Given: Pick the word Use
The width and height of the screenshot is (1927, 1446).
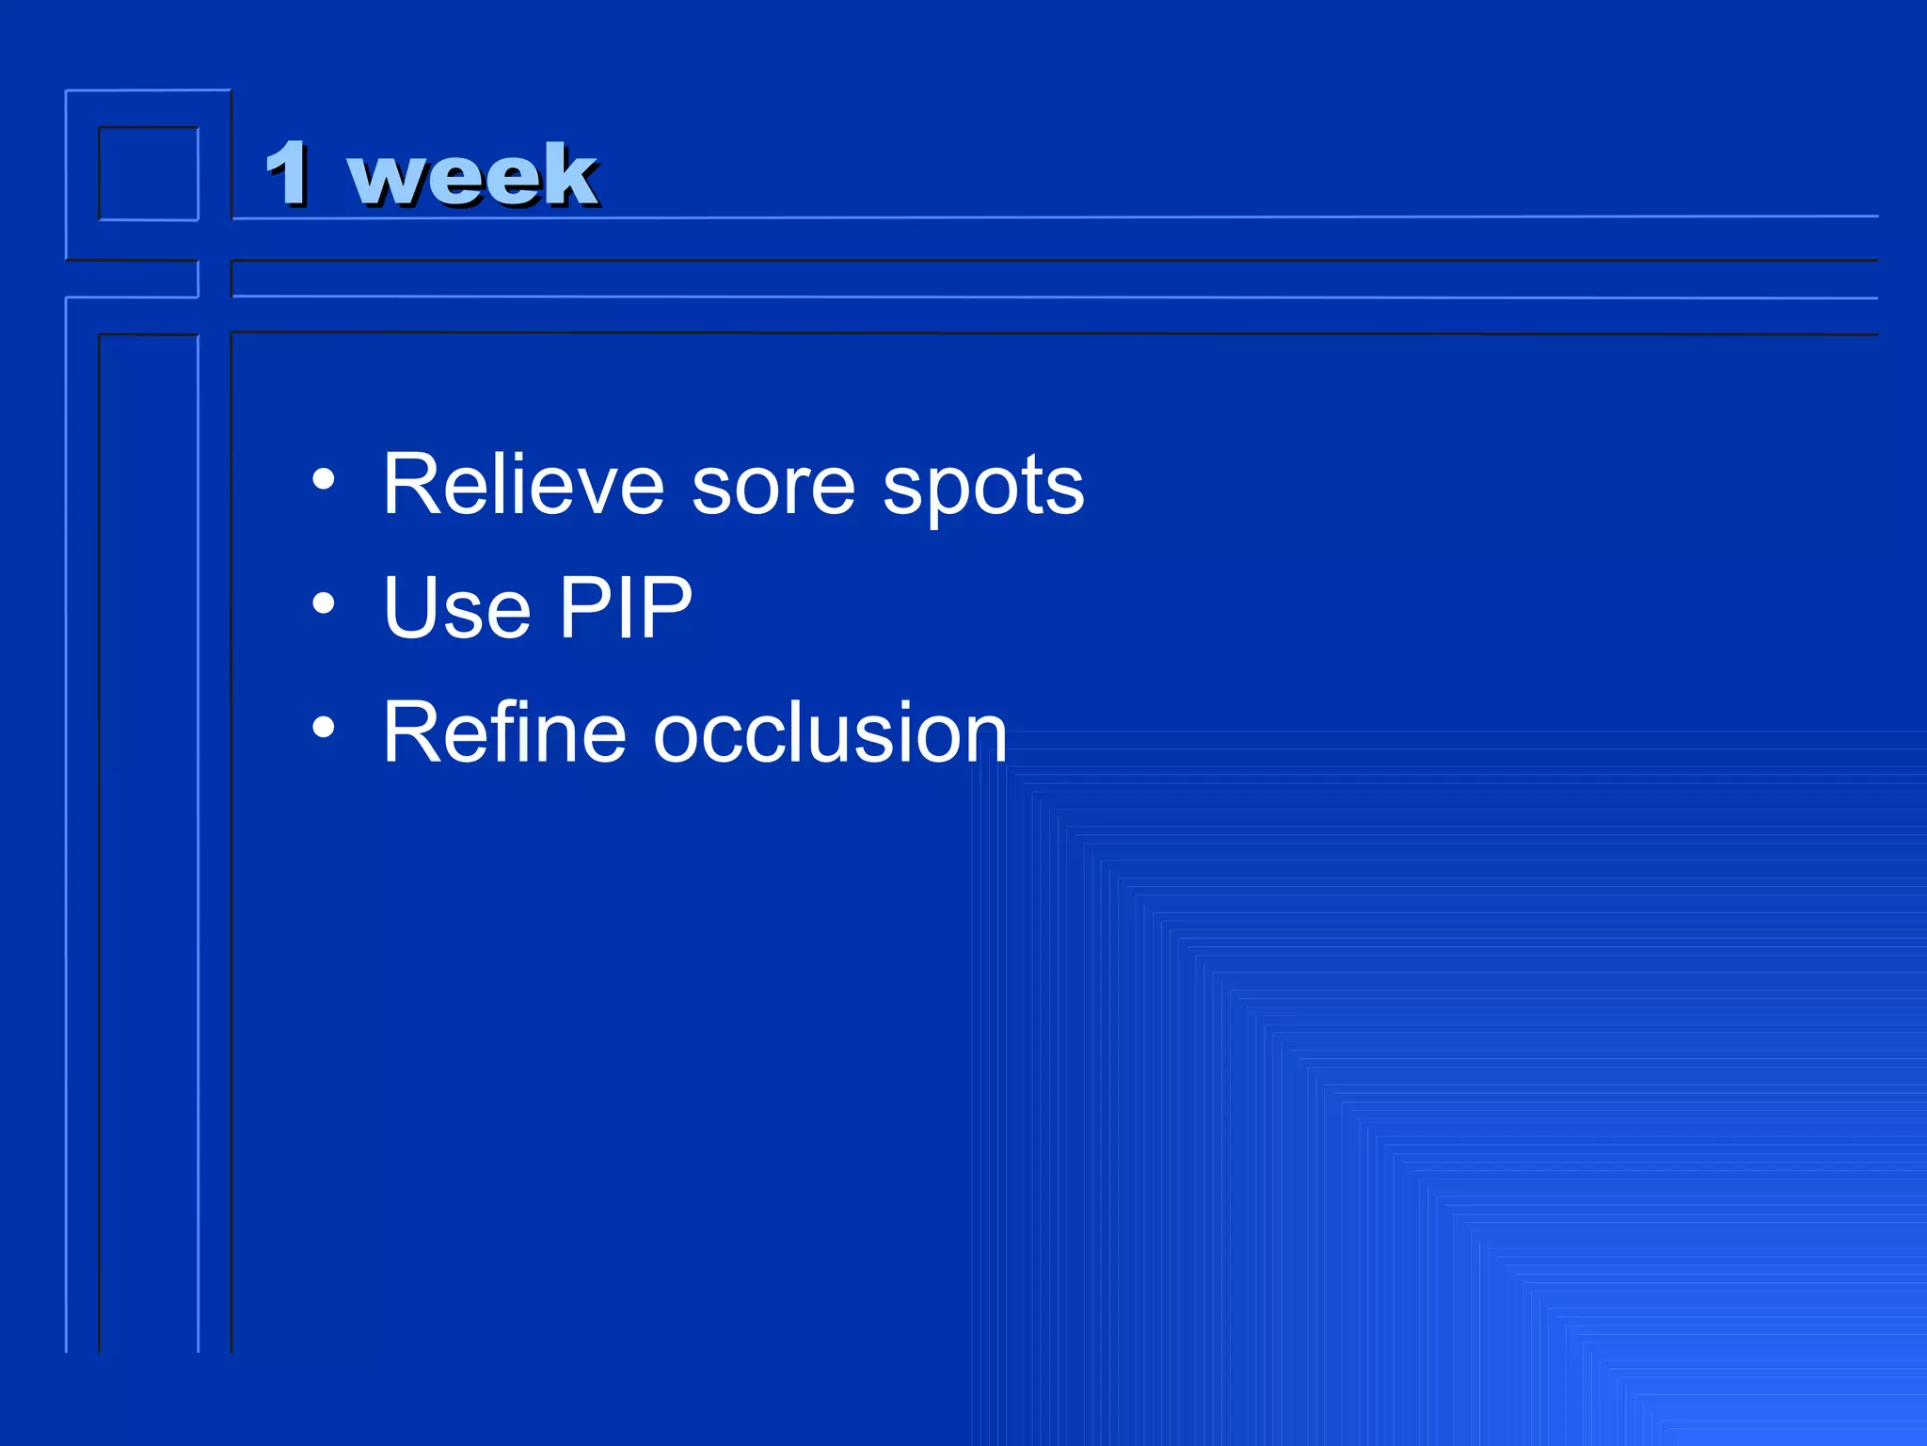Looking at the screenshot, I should pos(457,608).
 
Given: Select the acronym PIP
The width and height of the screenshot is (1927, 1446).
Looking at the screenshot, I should pos(626,608).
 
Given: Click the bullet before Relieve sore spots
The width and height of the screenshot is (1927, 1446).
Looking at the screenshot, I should pos(324,480).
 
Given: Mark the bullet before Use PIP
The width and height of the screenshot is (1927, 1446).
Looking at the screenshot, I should pos(324,603).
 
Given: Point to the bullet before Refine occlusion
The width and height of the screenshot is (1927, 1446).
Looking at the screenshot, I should pos(324,727).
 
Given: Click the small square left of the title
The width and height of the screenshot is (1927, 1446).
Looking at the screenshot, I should pos(149,174).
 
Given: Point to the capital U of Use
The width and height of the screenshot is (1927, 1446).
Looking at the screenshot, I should pos(409,608).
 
